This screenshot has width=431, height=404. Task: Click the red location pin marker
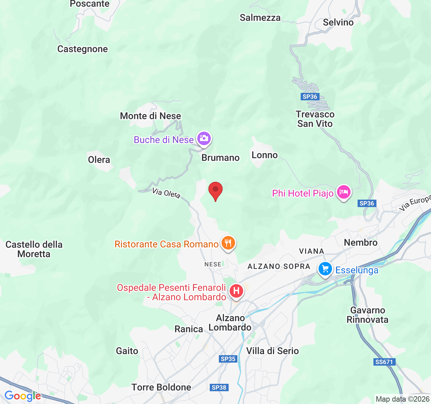point(215,191)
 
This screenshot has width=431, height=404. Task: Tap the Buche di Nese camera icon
point(204,138)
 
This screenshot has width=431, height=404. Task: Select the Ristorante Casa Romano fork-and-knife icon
point(228,243)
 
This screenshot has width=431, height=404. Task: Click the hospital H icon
point(236,291)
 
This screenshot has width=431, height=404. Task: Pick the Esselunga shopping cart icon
point(325,269)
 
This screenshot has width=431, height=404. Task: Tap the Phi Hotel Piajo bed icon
point(343,192)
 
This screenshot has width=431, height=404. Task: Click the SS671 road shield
point(384,362)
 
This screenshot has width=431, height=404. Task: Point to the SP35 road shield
point(228,359)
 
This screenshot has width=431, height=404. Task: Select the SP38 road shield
point(219,388)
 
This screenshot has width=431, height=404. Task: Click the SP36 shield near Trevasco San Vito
point(310,97)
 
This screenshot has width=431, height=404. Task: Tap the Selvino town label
point(338,23)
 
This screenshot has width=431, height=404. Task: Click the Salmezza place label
point(260,18)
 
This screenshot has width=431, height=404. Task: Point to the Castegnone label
point(82,49)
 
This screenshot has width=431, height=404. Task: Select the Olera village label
point(99,160)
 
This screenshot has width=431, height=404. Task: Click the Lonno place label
point(265,155)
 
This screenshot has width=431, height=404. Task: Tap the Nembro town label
point(361,242)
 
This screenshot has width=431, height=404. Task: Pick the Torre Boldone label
point(161,388)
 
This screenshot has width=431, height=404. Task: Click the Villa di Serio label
point(272,351)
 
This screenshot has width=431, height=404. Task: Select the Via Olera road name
point(166,193)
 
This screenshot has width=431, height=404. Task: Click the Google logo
point(23,396)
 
